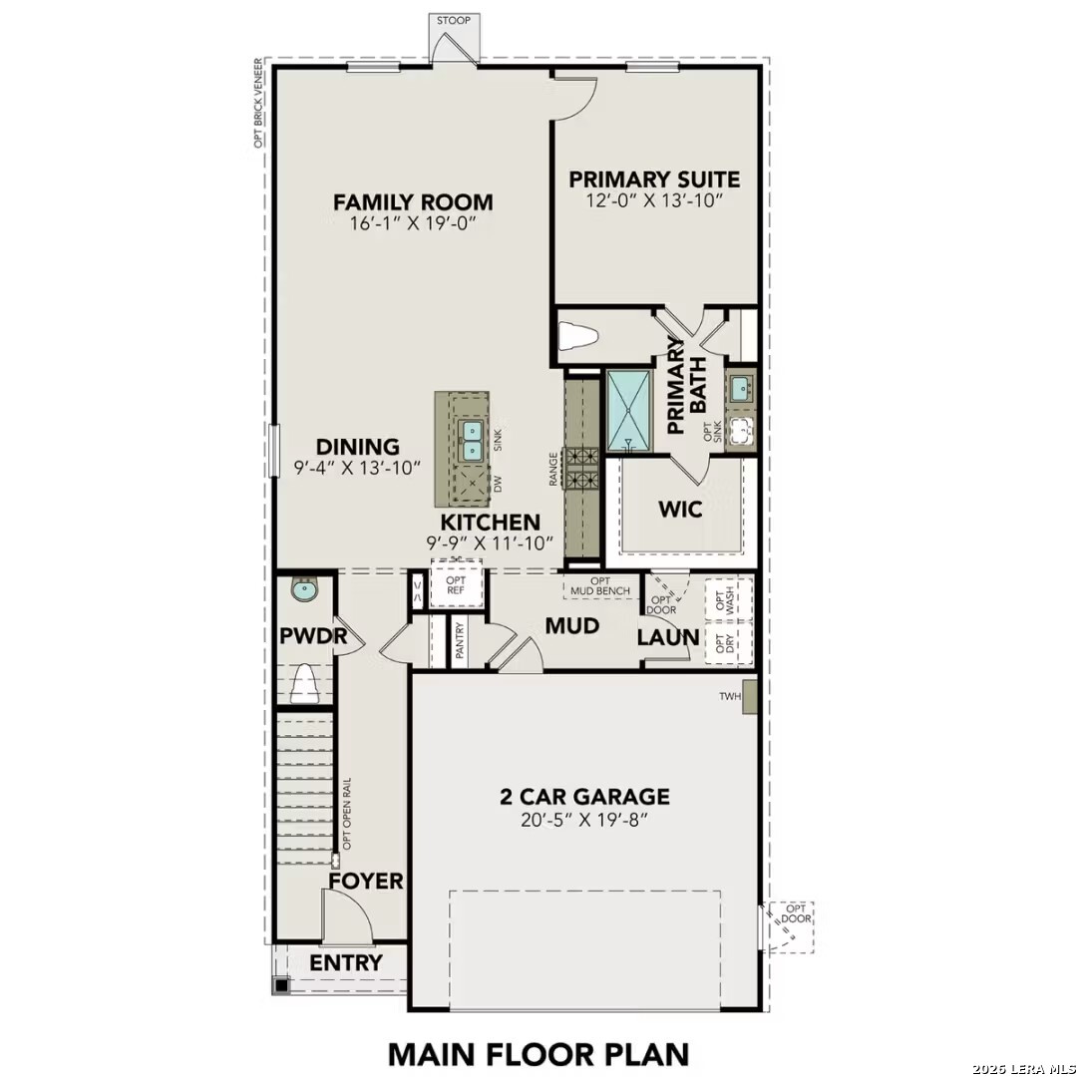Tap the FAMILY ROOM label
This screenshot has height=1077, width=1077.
click(x=413, y=202)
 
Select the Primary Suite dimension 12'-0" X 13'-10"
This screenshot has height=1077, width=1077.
click(x=654, y=200)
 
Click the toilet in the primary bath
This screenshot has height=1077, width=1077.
click(x=577, y=337)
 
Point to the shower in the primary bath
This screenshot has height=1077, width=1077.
click(x=629, y=410)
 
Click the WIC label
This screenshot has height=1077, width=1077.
click(x=680, y=510)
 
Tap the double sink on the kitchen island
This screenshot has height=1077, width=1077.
click(x=471, y=440)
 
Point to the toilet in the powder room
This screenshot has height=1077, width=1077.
click(x=304, y=684)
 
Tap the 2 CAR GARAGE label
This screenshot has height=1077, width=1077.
click(x=584, y=797)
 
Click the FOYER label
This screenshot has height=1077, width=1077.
click(x=366, y=882)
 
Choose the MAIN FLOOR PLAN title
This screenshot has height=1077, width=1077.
click(x=538, y=1053)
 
